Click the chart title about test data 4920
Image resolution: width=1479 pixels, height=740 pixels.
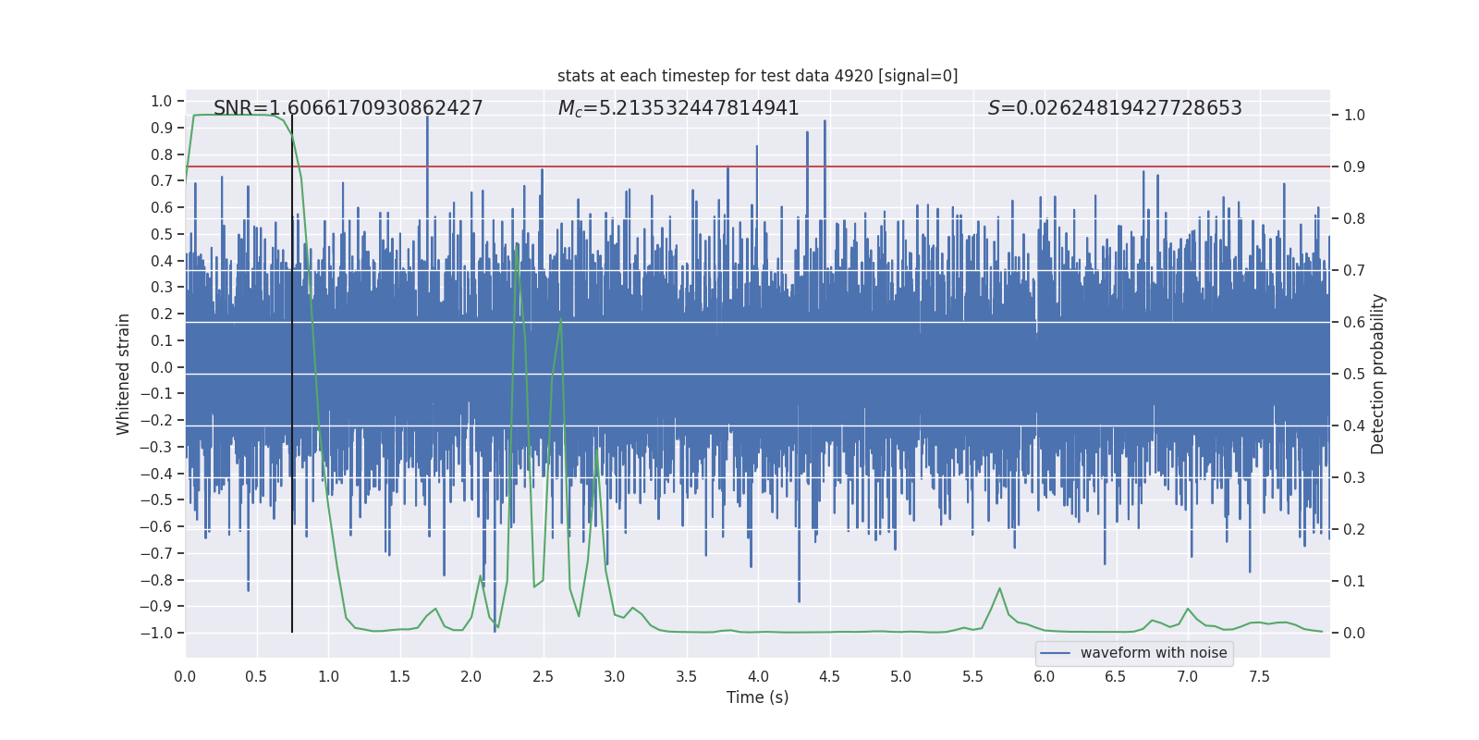tap(757, 76)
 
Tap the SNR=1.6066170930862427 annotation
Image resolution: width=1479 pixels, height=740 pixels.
tap(348, 108)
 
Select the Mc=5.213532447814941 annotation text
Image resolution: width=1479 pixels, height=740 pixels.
tap(678, 108)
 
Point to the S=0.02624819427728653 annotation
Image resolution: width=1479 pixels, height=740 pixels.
tap(1115, 108)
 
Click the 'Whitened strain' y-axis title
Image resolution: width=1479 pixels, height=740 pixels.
tap(124, 374)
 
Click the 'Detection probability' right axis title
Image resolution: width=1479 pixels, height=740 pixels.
tap(1378, 374)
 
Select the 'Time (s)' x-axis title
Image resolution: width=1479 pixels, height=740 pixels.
tap(757, 697)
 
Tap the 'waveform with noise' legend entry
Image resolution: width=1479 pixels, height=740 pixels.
tap(1153, 653)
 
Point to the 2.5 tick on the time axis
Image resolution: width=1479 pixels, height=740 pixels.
tap(543, 676)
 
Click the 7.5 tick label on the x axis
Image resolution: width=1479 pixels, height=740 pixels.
tap(1259, 676)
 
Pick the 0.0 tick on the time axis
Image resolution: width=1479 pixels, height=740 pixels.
tap(185, 676)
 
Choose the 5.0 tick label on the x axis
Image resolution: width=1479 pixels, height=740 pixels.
tap(900, 676)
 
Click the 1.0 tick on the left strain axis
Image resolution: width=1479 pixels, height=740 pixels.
tap(162, 101)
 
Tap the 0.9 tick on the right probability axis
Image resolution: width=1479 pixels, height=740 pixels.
tap(1354, 166)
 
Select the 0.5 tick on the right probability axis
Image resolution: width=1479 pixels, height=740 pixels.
tap(1354, 374)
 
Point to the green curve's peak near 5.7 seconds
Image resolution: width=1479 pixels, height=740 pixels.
tap(999, 588)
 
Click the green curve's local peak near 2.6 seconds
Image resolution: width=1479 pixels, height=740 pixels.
tap(560, 321)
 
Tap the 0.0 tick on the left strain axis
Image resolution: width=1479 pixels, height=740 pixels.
tap(162, 367)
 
